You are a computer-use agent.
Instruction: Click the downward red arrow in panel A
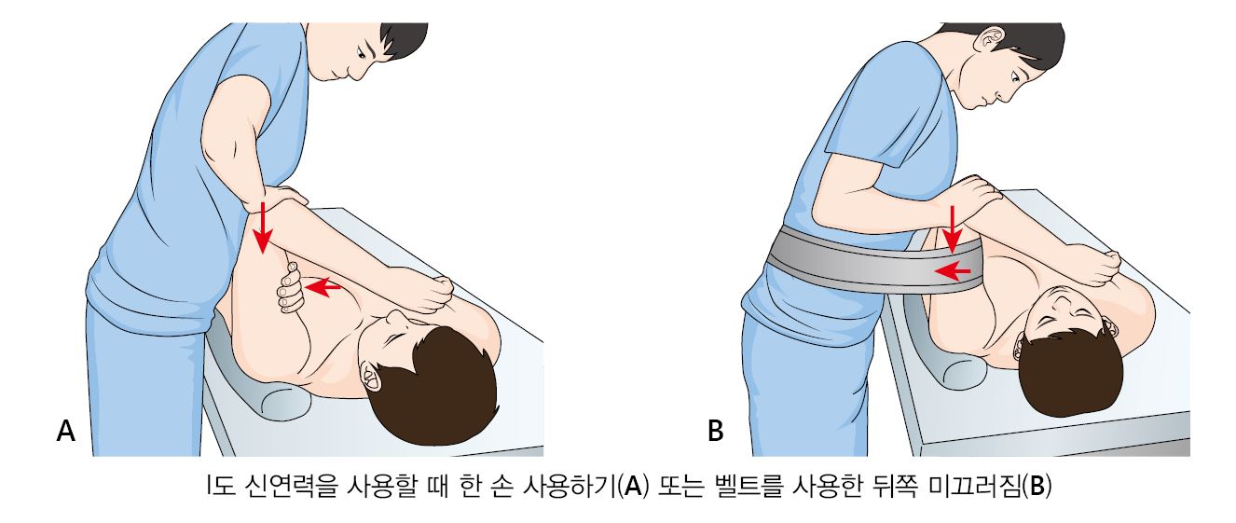click(264, 227)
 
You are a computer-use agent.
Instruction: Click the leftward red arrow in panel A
click(323, 287)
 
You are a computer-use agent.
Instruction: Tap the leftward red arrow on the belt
click(953, 271)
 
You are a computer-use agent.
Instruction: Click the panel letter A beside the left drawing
click(65, 431)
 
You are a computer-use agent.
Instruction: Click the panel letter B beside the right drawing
click(715, 431)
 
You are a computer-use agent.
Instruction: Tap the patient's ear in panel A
click(368, 374)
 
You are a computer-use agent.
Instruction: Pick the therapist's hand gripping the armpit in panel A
click(291, 287)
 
